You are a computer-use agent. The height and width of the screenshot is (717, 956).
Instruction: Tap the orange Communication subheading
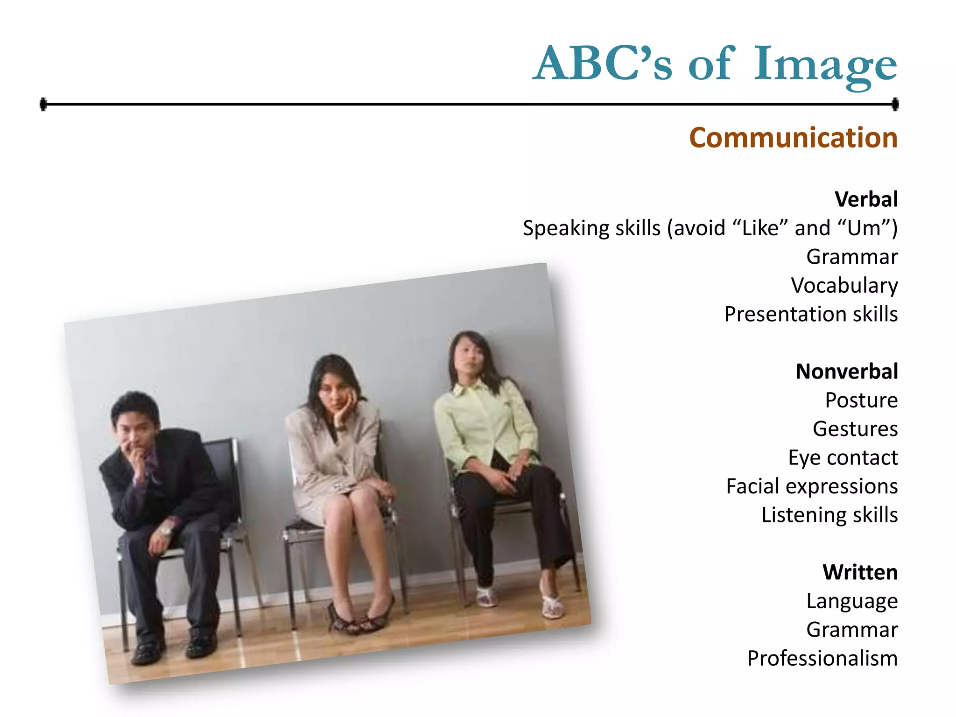(793, 138)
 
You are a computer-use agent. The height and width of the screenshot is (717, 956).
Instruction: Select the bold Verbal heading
(866, 199)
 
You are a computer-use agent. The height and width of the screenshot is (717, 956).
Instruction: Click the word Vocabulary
(844, 285)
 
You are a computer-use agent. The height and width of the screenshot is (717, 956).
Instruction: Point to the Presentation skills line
(811, 314)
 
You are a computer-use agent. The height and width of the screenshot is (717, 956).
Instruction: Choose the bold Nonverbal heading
(846, 372)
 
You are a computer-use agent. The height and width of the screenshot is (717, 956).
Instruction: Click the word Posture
(861, 400)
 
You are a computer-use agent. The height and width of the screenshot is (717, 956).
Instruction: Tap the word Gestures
(855, 429)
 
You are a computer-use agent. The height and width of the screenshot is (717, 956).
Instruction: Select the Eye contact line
(843, 457)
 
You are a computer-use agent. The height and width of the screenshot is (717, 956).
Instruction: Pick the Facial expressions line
(812, 486)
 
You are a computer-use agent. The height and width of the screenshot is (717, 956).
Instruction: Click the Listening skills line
(829, 515)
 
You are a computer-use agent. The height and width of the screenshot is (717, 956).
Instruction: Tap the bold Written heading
(860, 572)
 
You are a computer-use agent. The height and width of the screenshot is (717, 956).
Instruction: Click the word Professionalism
(822, 658)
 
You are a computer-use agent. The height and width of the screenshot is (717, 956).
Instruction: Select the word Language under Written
(852, 601)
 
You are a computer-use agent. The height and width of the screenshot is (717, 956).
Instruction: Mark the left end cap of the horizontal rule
(43, 104)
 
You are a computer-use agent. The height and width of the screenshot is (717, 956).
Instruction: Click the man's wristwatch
(165, 530)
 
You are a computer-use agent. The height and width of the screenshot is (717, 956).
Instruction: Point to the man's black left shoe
(146, 651)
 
